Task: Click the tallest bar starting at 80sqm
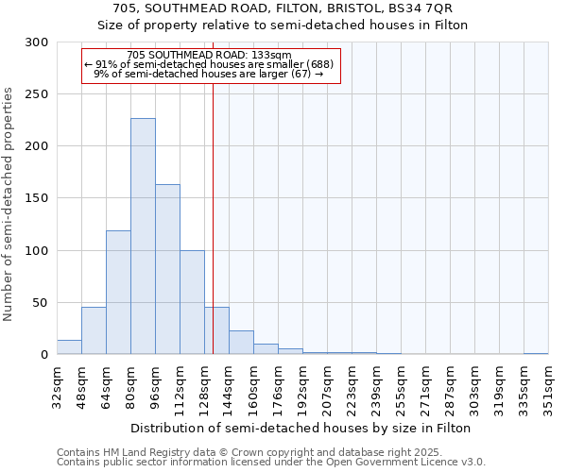click(143, 236)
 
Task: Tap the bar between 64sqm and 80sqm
click(118, 293)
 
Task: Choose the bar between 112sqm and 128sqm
click(192, 302)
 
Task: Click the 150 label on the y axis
click(36, 198)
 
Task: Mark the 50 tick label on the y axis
click(40, 303)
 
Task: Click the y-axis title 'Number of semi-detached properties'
click(9, 204)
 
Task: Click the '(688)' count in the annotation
click(318, 64)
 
